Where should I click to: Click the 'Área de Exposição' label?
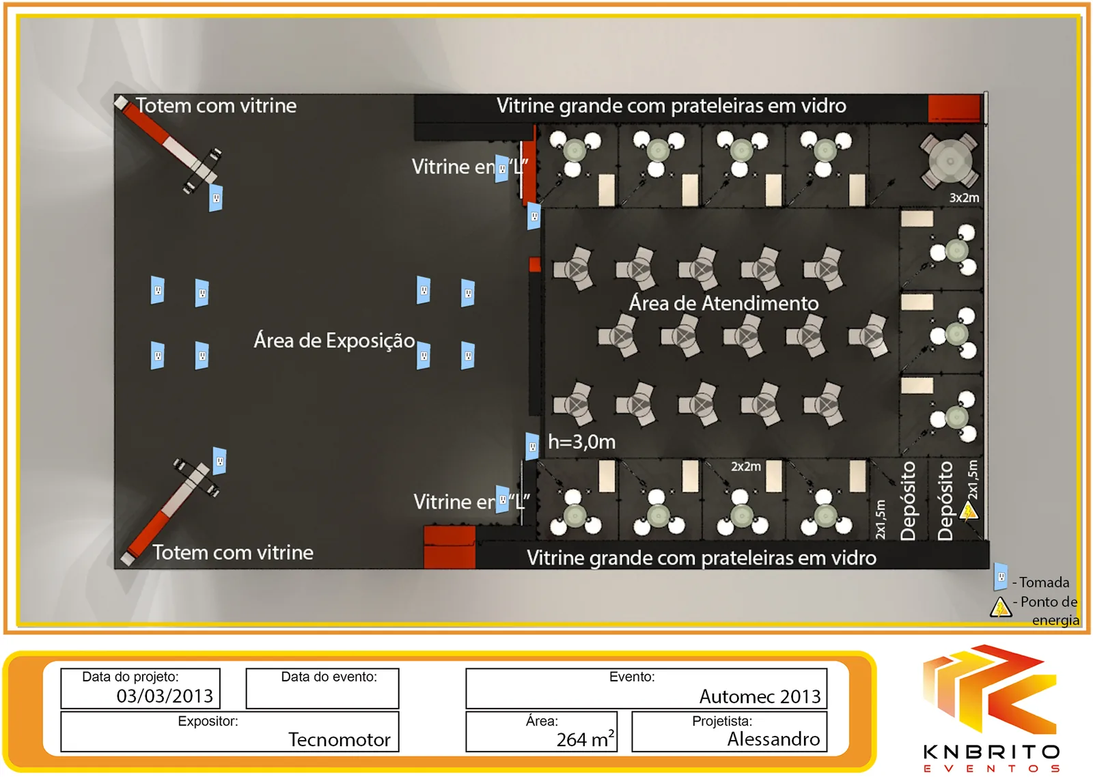pyautogui.click(x=334, y=341)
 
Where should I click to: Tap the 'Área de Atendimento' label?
pyautogui.click(x=723, y=303)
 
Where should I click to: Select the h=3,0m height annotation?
pyautogui.click(x=581, y=442)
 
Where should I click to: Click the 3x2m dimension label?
pyautogui.click(x=964, y=197)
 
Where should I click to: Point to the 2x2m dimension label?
pyautogui.click(x=745, y=466)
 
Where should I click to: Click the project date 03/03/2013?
pyautogui.click(x=165, y=696)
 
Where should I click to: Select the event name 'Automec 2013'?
pyautogui.click(x=760, y=696)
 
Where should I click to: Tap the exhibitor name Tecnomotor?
pyautogui.click(x=339, y=739)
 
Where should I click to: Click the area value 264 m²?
pyautogui.click(x=585, y=739)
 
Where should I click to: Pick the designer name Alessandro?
pyautogui.click(x=773, y=739)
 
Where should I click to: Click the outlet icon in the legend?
pyautogui.click(x=1000, y=576)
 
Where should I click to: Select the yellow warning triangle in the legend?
pyautogui.click(x=1000, y=608)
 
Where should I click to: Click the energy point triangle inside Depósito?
pyautogui.click(x=969, y=511)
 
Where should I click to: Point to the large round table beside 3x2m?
pyautogui.click(x=950, y=161)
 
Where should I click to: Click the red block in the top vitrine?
pyautogui.click(x=954, y=108)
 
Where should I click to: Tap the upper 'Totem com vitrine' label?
pyautogui.click(x=216, y=106)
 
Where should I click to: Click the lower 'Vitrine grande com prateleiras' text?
pyautogui.click(x=701, y=558)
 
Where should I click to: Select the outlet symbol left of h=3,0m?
pyautogui.click(x=532, y=447)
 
